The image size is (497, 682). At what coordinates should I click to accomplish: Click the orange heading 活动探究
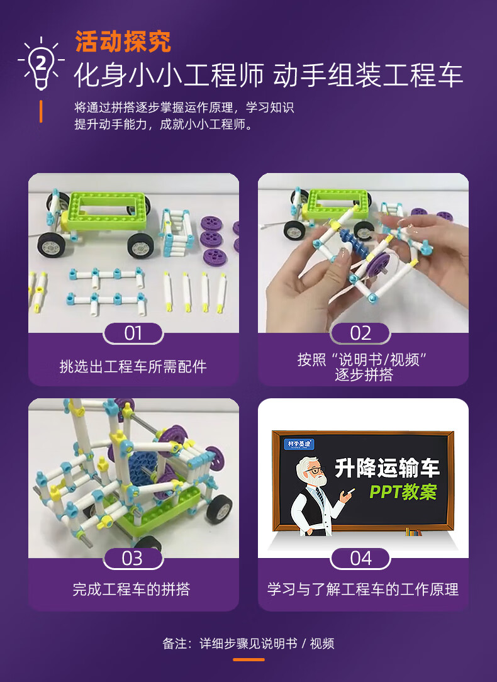tap(123, 42)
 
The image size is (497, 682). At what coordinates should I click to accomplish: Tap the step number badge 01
tap(133, 333)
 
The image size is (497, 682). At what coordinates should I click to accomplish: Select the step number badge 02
tap(360, 333)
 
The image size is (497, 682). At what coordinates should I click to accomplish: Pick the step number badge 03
tap(133, 558)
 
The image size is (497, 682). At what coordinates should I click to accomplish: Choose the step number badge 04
tap(360, 558)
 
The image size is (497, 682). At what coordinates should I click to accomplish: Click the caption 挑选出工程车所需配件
tap(133, 366)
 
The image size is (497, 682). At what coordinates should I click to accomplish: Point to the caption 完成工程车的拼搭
tap(131, 590)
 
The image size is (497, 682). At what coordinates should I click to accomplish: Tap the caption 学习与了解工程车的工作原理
tap(363, 590)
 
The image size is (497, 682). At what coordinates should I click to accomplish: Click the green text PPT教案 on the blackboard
tap(403, 491)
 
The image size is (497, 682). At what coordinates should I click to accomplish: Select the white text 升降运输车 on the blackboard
tap(387, 468)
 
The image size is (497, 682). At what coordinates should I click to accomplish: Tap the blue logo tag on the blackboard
tap(300, 443)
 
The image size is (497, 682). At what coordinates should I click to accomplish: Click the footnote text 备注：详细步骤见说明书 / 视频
tap(248, 644)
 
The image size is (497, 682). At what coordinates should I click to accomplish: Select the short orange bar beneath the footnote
tap(248, 659)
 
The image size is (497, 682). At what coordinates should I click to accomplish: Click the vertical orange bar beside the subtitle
tap(41, 111)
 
